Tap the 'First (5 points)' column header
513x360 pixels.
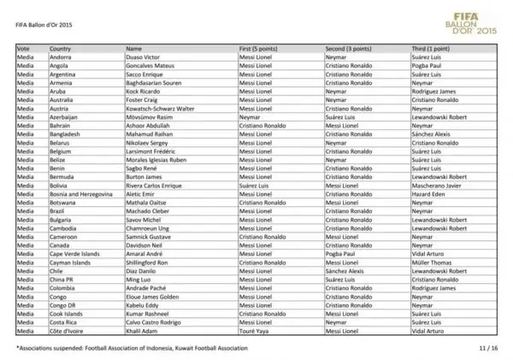(262, 50)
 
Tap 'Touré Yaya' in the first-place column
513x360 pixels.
(255, 329)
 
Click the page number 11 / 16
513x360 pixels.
(487, 348)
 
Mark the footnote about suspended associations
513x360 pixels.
(133, 348)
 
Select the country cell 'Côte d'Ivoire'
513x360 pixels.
(66, 329)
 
